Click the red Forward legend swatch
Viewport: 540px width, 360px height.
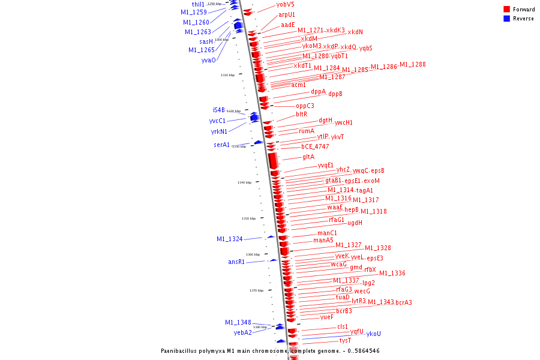(x=506, y=10)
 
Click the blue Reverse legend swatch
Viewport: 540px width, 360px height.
(x=506, y=19)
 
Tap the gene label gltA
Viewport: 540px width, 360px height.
(x=308, y=157)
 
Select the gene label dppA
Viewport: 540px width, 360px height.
(x=318, y=92)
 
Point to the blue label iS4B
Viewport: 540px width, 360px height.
(x=218, y=110)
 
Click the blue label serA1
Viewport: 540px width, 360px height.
(x=221, y=145)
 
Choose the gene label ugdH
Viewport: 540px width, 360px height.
(x=355, y=223)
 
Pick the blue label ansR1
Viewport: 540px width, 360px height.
(x=236, y=262)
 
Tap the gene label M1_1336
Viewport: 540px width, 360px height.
(x=392, y=274)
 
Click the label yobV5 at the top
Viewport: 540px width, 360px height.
(x=285, y=4)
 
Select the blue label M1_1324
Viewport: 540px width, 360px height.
(x=229, y=239)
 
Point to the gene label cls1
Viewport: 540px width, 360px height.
(x=343, y=327)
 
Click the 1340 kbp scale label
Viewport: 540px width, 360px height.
(x=244, y=182)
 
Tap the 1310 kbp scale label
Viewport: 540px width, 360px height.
(x=227, y=75)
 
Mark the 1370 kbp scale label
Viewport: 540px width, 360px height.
(x=257, y=290)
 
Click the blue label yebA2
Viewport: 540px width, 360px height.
(x=242, y=332)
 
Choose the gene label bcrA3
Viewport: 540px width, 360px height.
(x=404, y=302)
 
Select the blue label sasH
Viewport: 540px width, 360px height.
(x=206, y=41)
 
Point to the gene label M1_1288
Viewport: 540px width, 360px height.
(x=413, y=65)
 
